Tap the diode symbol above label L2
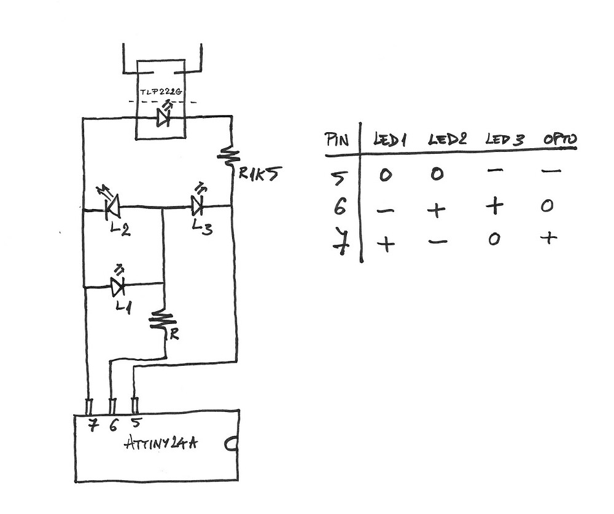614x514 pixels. point(112,207)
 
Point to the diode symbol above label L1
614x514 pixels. point(117,285)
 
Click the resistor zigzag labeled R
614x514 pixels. point(163,321)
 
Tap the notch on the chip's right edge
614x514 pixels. point(233,444)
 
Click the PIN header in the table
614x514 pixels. point(336,140)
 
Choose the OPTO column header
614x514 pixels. point(559,139)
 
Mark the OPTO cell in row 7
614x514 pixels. point(548,237)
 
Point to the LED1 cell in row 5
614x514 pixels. point(385,175)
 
